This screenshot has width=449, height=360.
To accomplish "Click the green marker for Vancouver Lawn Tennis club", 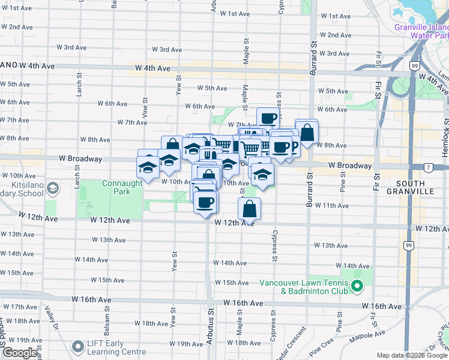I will click(x=357, y=287).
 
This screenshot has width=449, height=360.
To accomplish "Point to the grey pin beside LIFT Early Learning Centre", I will click(x=78, y=347).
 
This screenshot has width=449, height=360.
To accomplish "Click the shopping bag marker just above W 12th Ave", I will click(x=249, y=209).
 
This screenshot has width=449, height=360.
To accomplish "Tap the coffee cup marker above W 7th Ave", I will click(x=268, y=118).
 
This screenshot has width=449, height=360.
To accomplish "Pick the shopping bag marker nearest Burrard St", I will click(x=307, y=133).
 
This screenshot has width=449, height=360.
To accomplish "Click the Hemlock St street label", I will click(x=446, y=141).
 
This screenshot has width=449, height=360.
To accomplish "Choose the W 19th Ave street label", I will click(x=185, y=344).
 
